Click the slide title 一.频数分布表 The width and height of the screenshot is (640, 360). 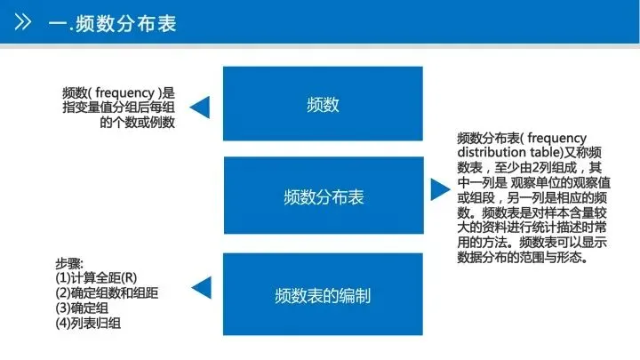coord(113,22)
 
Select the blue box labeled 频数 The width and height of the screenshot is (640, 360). coord(322,105)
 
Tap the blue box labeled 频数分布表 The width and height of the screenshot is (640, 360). coord(322,196)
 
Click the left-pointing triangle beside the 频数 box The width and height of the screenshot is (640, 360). coord(201,108)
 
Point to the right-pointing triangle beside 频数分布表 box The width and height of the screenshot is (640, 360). coord(438,189)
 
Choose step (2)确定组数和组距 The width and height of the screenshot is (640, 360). coord(107,292)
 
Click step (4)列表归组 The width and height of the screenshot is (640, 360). coord(88,323)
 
